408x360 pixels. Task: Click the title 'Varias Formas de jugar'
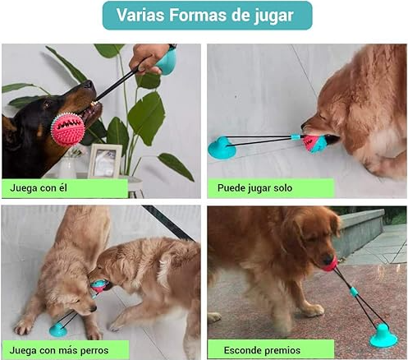pos(205,15)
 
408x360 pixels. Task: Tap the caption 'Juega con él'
pos(39,188)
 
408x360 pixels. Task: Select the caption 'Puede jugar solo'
pos(254,188)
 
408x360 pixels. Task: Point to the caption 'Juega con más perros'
pos(59,350)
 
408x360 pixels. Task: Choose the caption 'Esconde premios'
pos(262,350)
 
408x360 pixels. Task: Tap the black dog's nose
pos(89,84)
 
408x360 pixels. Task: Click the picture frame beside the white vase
pos(105,161)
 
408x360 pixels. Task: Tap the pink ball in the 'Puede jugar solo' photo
pos(311,144)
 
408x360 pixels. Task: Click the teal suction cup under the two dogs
pos(58,330)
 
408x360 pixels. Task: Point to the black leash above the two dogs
pos(168,223)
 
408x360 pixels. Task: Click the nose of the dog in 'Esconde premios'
pos(327,259)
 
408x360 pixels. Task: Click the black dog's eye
pos(47,104)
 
